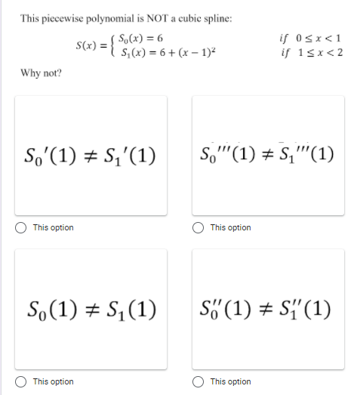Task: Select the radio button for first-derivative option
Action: (x=23, y=227)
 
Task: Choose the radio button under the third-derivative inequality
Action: (x=200, y=227)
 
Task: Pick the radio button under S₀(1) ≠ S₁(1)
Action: (x=23, y=381)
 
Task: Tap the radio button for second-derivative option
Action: (x=200, y=381)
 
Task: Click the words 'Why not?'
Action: (x=42, y=73)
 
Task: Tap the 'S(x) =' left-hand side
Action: (x=90, y=45)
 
